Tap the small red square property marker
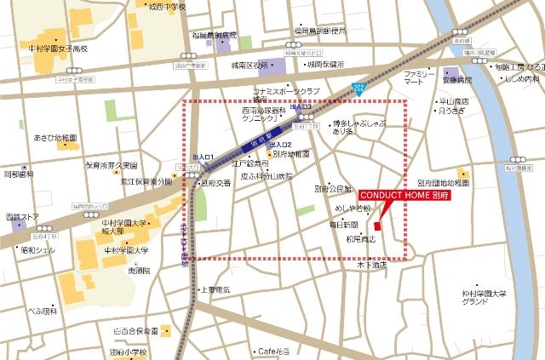[377, 226]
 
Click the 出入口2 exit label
[281, 145]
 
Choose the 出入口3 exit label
[301, 107]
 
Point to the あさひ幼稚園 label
[55, 137]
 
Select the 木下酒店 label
[372, 265]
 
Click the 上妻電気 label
[215, 289]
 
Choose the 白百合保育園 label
[136, 330]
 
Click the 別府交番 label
[215, 182]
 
